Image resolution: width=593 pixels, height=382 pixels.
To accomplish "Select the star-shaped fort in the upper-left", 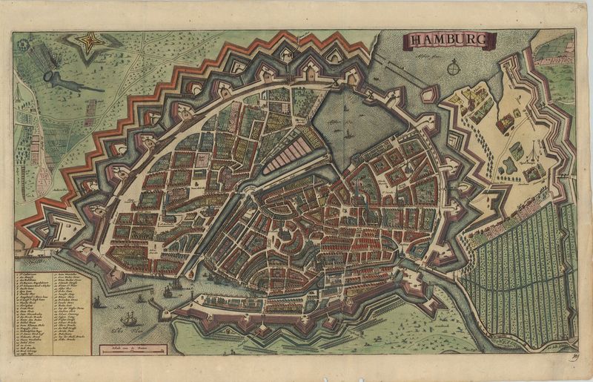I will pyautogui.click(x=90, y=43).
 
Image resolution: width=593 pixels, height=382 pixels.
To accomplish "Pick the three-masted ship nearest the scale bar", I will pyautogui.click(x=130, y=319).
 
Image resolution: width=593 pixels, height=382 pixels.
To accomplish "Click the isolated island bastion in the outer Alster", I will pyautogui.click(x=429, y=95).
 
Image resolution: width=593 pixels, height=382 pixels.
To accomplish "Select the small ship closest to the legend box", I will pyautogui.click(x=97, y=302).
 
